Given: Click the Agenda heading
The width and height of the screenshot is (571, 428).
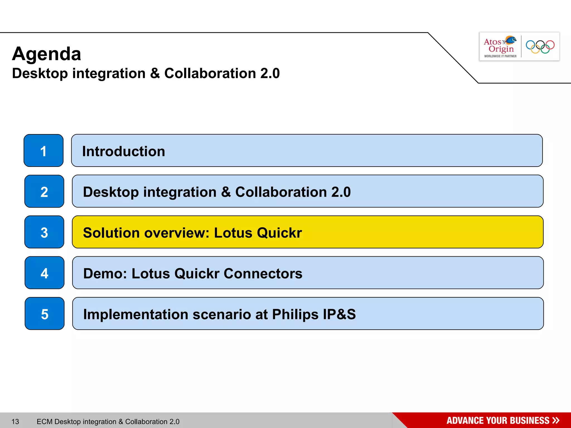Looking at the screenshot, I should pyautogui.click(x=47, y=54).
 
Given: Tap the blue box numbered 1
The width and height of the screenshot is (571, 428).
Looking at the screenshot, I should pyautogui.click(x=43, y=151).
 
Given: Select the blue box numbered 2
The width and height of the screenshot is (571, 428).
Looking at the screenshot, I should pyautogui.click(x=44, y=191).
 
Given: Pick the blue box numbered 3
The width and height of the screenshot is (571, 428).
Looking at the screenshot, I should pyautogui.click(x=44, y=232).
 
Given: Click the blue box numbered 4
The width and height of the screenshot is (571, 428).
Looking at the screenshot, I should pyautogui.click(x=45, y=273).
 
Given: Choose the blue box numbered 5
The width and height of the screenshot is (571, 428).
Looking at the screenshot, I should pyautogui.click(x=45, y=314).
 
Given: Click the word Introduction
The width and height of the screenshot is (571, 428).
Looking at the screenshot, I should pyautogui.click(x=124, y=151).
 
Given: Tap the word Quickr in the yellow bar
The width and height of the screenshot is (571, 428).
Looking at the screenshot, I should pyautogui.click(x=279, y=233).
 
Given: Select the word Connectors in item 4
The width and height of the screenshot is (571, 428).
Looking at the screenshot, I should pyautogui.click(x=263, y=273).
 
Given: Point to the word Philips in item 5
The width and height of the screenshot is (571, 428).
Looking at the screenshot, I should pyautogui.click(x=295, y=314).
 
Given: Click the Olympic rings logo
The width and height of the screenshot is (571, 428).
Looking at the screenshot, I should pyautogui.click(x=540, y=47).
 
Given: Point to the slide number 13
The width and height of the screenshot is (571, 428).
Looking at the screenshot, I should pyautogui.click(x=15, y=422).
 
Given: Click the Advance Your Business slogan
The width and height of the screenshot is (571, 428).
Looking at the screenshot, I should pyautogui.click(x=498, y=420).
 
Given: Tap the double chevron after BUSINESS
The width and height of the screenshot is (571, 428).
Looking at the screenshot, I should pyautogui.click(x=556, y=420).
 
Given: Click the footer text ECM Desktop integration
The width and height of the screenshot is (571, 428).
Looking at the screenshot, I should pyautogui.click(x=108, y=422).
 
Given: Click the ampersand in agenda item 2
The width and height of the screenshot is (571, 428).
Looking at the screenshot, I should pyautogui.click(x=226, y=192).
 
